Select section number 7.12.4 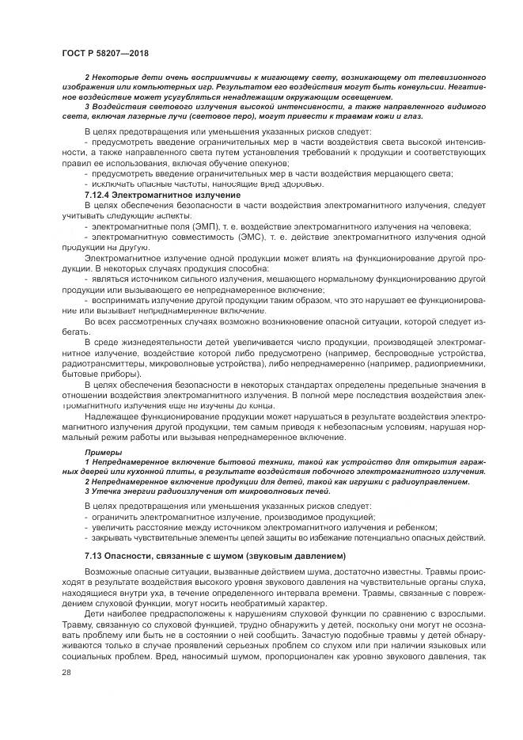coord(100,194)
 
